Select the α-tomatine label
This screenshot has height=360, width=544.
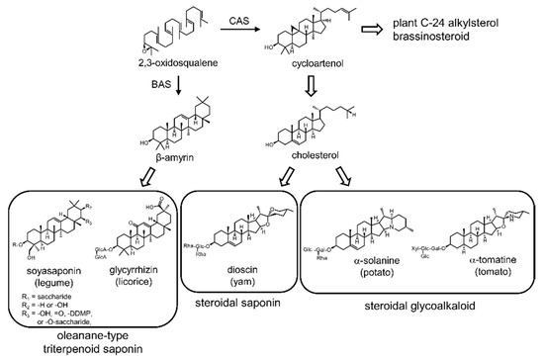tap(472, 263)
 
